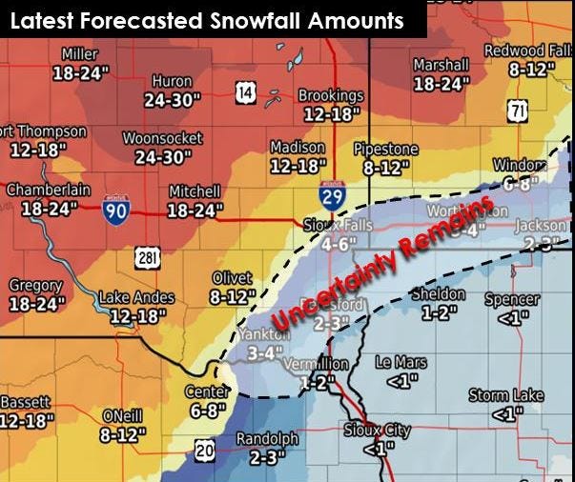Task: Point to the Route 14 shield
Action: pyautogui.click(x=246, y=91)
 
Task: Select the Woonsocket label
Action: pyautogui.click(x=162, y=138)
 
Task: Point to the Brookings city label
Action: pyautogui.click(x=331, y=96)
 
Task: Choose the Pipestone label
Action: pyautogui.click(x=385, y=150)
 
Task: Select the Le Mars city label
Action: pyautogui.click(x=400, y=363)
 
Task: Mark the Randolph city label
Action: pyautogui.click(x=268, y=439)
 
